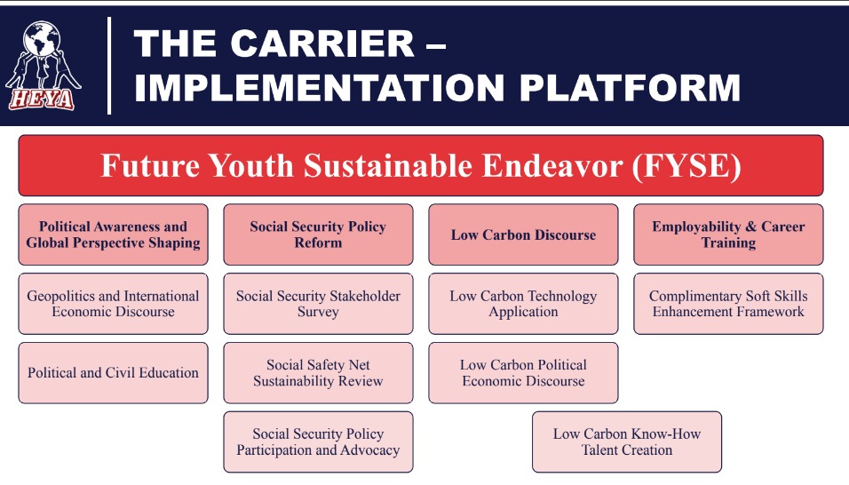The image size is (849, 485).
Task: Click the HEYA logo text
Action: tap(42, 99)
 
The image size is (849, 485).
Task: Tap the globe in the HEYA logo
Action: tap(41, 38)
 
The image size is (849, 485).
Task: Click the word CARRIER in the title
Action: tap(322, 44)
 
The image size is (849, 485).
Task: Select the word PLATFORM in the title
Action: tap(630, 88)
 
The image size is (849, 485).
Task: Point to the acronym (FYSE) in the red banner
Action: tap(686, 165)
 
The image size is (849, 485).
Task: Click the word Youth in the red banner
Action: tap(250, 165)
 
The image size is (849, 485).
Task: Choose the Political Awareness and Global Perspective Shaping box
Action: tap(113, 235)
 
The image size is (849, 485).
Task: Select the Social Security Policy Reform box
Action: tap(318, 235)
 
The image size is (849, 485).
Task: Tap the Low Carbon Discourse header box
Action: tap(524, 235)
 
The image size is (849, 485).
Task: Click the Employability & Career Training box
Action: tap(729, 235)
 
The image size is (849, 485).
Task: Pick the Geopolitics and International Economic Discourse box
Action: tap(113, 304)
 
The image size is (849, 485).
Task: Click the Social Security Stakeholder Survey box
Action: tap(318, 304)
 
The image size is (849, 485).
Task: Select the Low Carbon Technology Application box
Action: tap(524, 304)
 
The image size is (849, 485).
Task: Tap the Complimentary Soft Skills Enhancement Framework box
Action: tap(729, 304)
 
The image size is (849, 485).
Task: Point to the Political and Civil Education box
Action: tap(113, 373)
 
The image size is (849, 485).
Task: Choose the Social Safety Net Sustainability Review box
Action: tap(318, 373)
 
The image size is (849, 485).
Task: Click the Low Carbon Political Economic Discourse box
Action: tap(524, 373)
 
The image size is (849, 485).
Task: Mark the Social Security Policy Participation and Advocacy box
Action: tap(318, 441)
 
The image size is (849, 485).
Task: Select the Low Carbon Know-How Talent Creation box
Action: tap(627, 441)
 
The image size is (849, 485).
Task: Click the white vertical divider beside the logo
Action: tap(109, 66)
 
